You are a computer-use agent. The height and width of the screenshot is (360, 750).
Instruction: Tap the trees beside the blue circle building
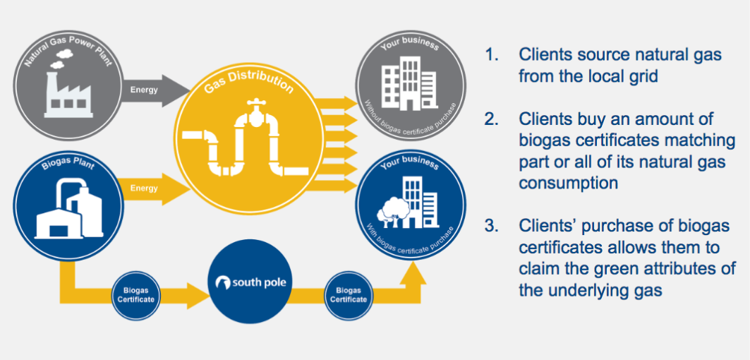click(390, 210)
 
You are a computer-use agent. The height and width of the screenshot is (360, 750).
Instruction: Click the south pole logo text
click(252, 284)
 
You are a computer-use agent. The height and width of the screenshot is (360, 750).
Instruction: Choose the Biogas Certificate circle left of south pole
click(136, 294)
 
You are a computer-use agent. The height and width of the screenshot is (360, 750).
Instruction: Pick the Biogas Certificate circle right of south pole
click(348, 294)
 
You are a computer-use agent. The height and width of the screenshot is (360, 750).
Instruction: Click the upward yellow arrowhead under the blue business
click(413, 271)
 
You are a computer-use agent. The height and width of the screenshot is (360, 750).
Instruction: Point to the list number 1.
click(490, 54)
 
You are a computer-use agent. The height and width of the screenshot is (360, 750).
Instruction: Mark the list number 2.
click(492, 119)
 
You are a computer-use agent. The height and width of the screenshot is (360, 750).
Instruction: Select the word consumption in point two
click(569, 183)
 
